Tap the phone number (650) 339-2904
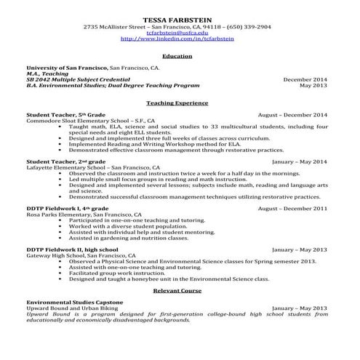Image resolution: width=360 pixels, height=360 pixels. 249,26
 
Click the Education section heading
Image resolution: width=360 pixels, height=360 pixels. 177,56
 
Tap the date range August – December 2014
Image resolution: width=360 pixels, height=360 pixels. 292,114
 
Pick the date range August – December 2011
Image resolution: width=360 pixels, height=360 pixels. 292,208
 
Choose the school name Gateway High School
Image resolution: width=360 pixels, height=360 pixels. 55,256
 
